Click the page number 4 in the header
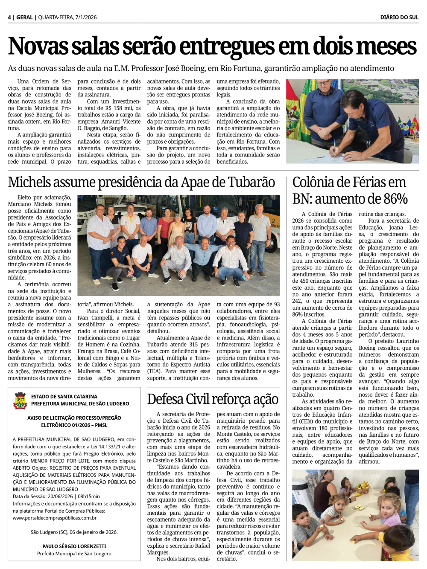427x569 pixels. coord(9,17)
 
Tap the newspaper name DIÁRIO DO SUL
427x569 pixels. coord(399,17)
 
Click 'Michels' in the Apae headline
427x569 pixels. coord(34,183)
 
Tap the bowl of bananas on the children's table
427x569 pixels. coord(363,486)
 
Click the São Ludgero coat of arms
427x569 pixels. coord(20,400)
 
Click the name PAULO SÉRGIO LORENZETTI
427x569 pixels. coord(74,546)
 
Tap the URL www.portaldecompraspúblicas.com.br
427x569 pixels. coord(55,518)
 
